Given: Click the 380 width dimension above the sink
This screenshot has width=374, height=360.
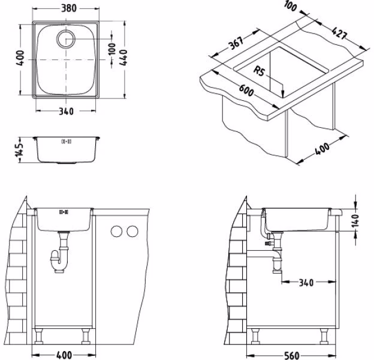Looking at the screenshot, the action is pyautogui.click(x=69, y=8).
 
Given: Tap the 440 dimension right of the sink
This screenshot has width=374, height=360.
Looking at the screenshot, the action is pyautogui.click(x=123, y=58).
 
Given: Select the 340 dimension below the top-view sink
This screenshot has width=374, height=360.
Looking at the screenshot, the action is pyautogui.click(x=66, y=111).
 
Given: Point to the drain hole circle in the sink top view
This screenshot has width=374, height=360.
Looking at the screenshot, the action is pyautogui.click(x=66, y=39).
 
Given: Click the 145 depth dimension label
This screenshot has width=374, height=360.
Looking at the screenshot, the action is pyautogui.click(x=19, y=149).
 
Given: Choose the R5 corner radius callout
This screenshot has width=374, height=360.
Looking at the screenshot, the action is pyautogui.click(x=259, y=71).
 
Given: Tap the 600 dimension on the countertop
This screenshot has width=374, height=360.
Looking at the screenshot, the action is pyautogui.click(x=246, y=91).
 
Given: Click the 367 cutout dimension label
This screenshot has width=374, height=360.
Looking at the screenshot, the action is pyautogui.click(x=236, y=43).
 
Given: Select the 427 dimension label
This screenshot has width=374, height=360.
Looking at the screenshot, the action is pyautogui.click(x=339, y=33).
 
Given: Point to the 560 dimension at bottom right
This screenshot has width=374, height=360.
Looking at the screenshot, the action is pyautogui.click(x=292, y=356).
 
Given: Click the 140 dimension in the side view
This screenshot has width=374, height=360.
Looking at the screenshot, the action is pyautogui.click(x=355, y=220).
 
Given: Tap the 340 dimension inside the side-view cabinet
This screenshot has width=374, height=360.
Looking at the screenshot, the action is pyautogui.click(x=306, y=283).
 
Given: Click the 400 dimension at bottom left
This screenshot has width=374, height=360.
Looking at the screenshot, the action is pyautogui.click(x=64, y=355).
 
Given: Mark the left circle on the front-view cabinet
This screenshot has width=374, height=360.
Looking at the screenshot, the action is pyautogui.click(x=116, y=231).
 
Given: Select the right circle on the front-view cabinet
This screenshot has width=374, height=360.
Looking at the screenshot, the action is pyautogui.click(x=132, y=231).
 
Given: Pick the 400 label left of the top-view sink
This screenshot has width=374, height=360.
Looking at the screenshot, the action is pyautogui.click(x=21, y=58).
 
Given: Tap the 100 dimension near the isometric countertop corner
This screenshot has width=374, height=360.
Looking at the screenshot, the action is pyautogui.click(x=291, y=7).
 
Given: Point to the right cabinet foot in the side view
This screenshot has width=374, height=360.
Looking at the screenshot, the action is pyautogui.click(x=324, y=336).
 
